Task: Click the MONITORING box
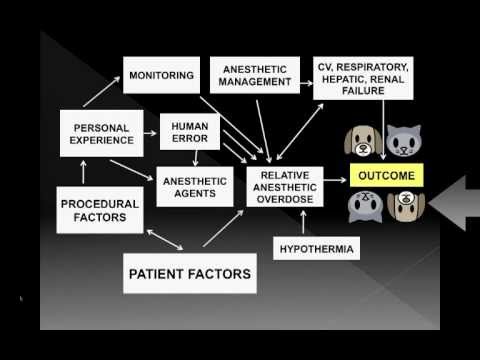(163, 75)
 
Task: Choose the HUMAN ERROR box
(188, 130)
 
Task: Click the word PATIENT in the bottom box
(158, 271)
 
